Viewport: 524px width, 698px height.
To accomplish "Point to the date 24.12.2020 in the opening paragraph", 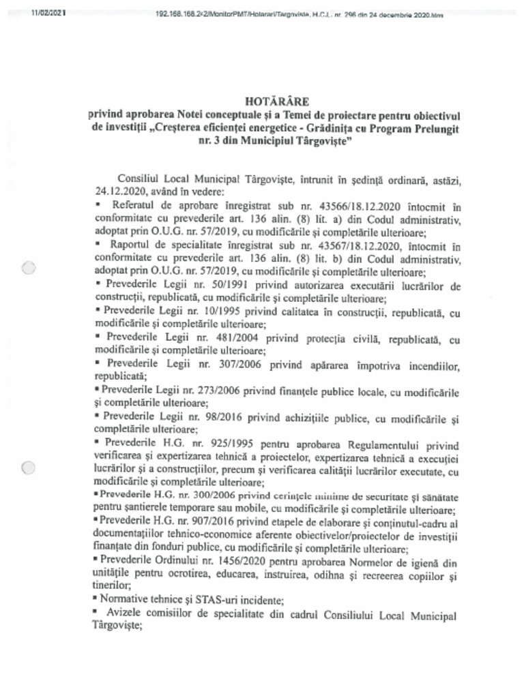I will (x=117, y=192).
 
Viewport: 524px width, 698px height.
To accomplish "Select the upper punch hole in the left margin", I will (x=28, y=269).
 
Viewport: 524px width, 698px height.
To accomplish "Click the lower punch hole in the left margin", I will (x=28, y=468).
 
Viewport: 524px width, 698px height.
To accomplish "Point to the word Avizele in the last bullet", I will (x=125, y=616).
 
